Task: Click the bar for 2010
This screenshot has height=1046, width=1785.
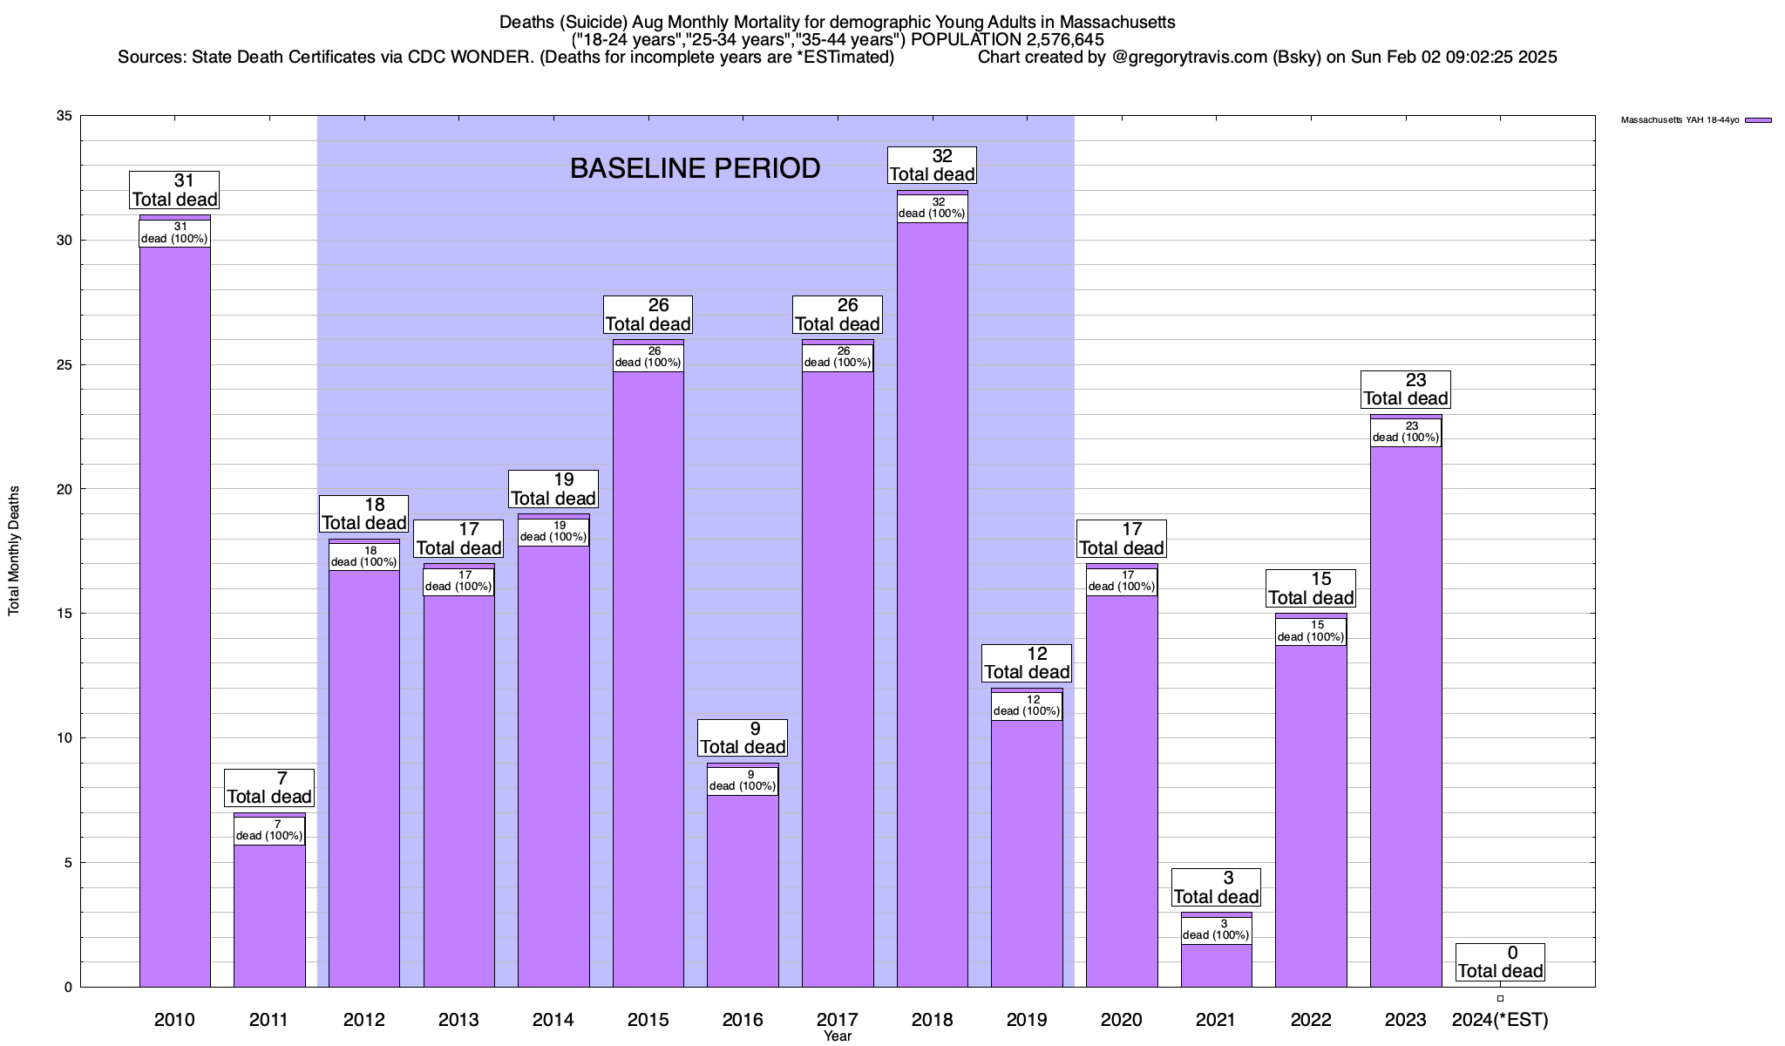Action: pyautogui.click(x=174, y=610)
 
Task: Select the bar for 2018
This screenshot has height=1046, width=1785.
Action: pyautogui.click(x=932, y=610)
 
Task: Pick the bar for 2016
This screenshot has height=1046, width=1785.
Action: pyautogui.click(x=743, y=889)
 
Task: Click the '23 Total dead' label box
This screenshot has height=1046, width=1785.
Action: pyautogui.click(x=1406, y=390)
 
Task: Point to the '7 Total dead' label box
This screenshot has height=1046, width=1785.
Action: pyautogui.click(x=269, y=788)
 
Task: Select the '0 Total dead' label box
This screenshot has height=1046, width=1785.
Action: pyautogui.click(x=1500, y=962)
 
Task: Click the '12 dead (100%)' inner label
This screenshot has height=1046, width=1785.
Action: pyautogui.click(x=1027, y=706)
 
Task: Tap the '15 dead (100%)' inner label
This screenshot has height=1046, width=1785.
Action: pyautogui.click(x=1311, y=631)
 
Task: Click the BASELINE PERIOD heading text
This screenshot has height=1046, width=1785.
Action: pyautogui.click(x=695, y=168)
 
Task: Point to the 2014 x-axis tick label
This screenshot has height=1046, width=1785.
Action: pyautogui.click(x=553, y=1020)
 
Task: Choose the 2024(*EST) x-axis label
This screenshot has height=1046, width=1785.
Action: pyautogui.click(x=1500, y=1020)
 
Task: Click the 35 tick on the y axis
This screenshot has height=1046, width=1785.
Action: pyautogui.click(x=64, y=116)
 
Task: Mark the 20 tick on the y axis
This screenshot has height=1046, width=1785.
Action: pyautogui.click(x=64, y=489)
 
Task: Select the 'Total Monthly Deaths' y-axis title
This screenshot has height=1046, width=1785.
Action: pyautogui.click(x=14, y=551)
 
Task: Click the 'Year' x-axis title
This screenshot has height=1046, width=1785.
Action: pyautogui.click(x=838, y=1036)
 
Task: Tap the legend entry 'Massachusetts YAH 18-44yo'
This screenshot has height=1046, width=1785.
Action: pyautogui.click(x=1680, y=120)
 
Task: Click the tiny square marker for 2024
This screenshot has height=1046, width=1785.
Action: pyautogui.click(x=1500, y=999)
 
